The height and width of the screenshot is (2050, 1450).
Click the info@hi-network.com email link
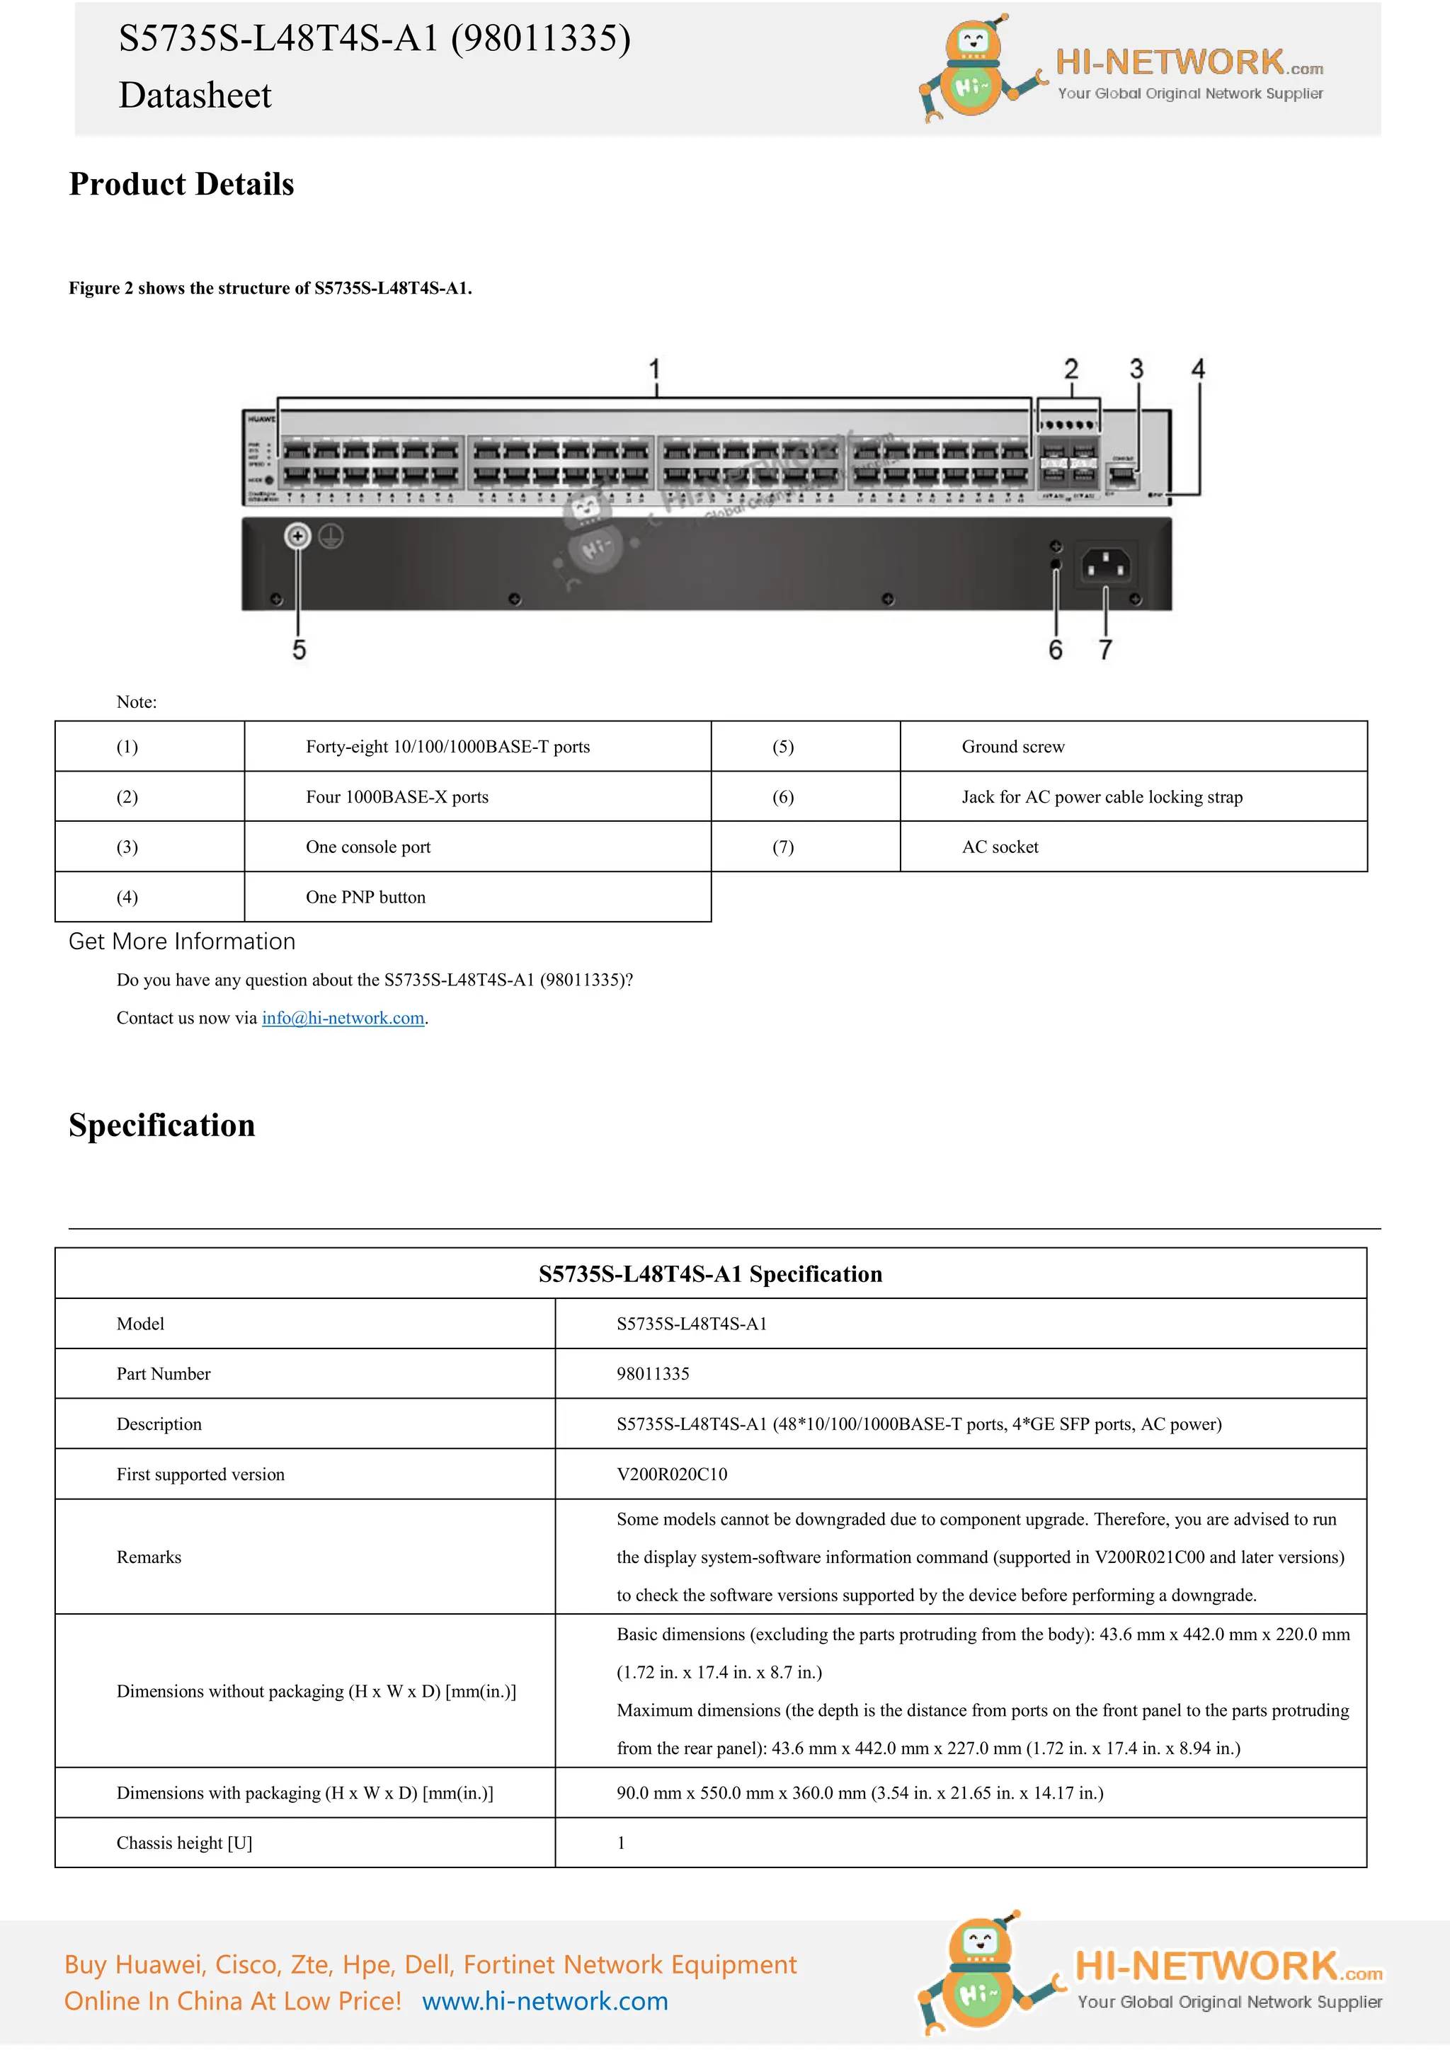343,1018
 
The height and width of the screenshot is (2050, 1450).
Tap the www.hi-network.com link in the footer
544,2001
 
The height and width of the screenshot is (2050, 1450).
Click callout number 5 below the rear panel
299,649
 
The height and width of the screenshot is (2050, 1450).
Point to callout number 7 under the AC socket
1105,649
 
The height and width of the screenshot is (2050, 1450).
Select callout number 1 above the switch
654,369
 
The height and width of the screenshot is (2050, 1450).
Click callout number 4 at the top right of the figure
1198,369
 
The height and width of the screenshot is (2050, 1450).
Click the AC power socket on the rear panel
1106,565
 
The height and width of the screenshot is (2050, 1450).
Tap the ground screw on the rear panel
297,536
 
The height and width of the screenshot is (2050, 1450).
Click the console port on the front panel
1122,475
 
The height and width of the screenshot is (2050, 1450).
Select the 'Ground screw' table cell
1013,746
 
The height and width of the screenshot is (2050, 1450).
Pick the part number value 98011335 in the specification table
653,1373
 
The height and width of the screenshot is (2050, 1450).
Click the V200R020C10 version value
671,1474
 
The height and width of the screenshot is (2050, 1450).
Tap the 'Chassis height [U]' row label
184,1843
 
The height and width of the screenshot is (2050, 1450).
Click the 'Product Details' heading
181,184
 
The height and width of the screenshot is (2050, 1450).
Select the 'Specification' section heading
161,1125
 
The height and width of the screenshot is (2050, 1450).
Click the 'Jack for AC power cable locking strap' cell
1102,796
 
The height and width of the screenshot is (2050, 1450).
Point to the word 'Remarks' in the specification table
148,1557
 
